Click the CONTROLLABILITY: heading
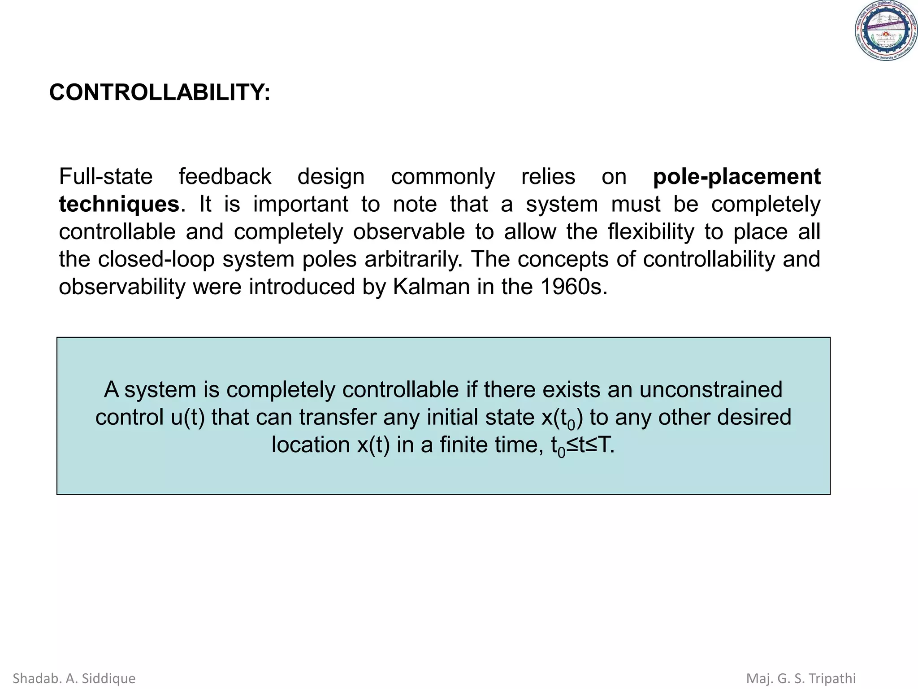(160, 92)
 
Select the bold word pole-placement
(736, 177)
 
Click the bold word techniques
(119, 205)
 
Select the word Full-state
(106, 177)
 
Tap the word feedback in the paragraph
(225, 177)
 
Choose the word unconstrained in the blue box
(710, 389)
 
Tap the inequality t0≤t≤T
(583, 445)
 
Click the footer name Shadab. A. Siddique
(74, 678)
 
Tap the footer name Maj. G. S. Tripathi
(801, 678)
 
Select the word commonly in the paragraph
(443, 177)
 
